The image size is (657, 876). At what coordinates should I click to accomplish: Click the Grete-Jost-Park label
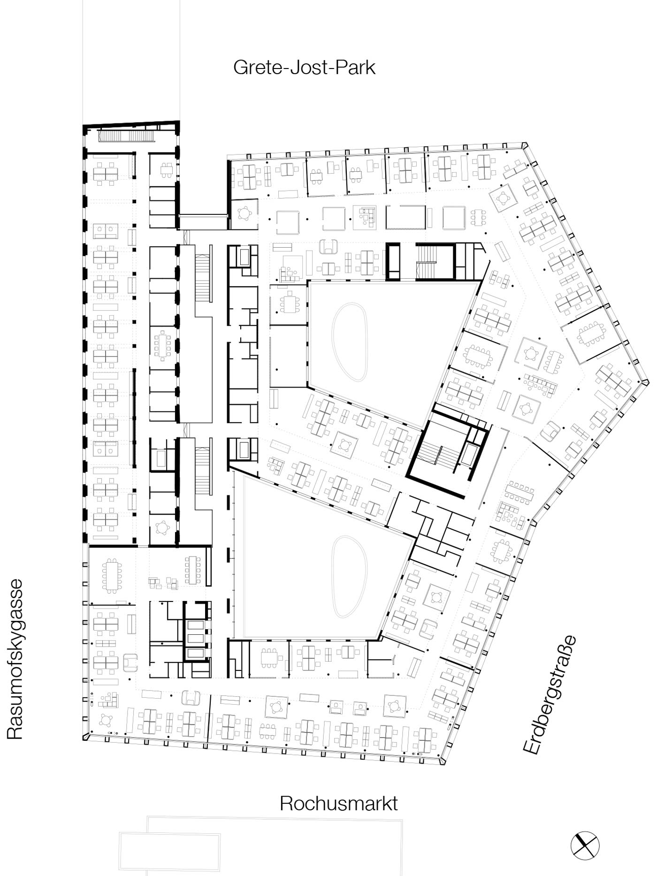tap(305, 68)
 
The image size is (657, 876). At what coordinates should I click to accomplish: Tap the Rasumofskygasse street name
tap(15, 660)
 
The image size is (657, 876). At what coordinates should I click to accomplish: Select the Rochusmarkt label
tap(339, 804)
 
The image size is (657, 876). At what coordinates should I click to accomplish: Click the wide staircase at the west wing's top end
tap(126, 136)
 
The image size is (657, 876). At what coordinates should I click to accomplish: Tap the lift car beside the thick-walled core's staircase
tap(470, 455)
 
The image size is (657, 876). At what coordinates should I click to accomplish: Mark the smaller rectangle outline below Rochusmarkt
tap(170, 847)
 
